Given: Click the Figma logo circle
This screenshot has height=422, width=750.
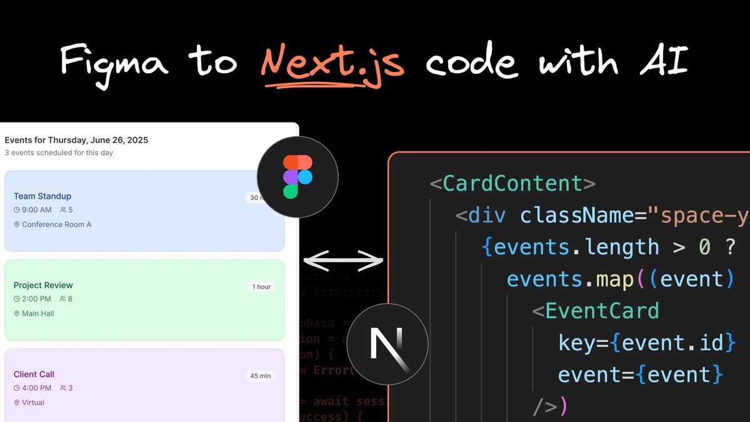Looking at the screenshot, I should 297,177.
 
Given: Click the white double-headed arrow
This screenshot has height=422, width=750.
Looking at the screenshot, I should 343,259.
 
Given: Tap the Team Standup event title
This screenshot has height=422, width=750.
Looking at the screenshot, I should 42,196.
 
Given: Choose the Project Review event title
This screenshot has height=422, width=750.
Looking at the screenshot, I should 43,285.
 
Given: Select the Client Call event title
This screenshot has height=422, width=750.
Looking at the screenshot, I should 34,374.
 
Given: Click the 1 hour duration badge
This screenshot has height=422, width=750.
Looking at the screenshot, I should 261,287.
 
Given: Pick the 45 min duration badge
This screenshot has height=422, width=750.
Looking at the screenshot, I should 260,376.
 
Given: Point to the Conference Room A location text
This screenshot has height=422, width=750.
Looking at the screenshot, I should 56,224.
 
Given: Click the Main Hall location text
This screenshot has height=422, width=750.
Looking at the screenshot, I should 37,313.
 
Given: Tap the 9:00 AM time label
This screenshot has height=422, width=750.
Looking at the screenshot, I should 36,210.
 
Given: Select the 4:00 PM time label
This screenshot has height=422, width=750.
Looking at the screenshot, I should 36,388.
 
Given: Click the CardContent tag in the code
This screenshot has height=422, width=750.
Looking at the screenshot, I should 512,184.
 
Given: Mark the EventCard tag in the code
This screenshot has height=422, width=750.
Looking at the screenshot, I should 601,311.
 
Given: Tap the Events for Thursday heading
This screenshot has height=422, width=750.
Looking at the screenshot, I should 76,140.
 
